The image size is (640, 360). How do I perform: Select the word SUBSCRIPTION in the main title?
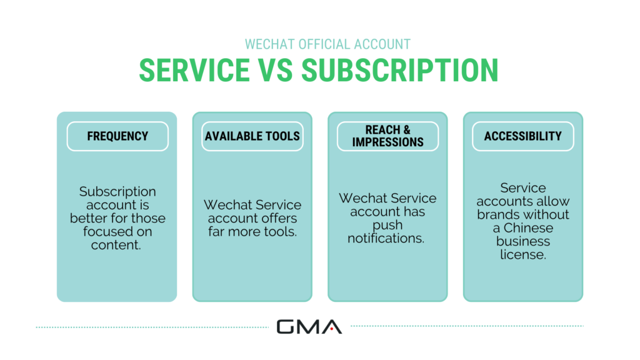[400, 70]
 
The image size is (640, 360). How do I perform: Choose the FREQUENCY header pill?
[117, 136]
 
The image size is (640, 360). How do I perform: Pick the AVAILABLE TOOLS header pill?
[252, 136]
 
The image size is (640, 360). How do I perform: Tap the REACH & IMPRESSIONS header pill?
[387, 136]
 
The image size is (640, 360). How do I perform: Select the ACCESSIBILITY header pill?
[522, 136]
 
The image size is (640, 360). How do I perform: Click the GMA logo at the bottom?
[309, 326]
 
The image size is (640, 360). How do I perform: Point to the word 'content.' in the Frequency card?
[117, 245]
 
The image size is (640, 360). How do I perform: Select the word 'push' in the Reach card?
[387, 225]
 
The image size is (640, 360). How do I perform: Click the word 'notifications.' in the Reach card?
[387, 238]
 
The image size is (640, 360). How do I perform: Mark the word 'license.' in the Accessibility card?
[522, 254]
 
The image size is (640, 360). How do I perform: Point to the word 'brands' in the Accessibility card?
[497, 214]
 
